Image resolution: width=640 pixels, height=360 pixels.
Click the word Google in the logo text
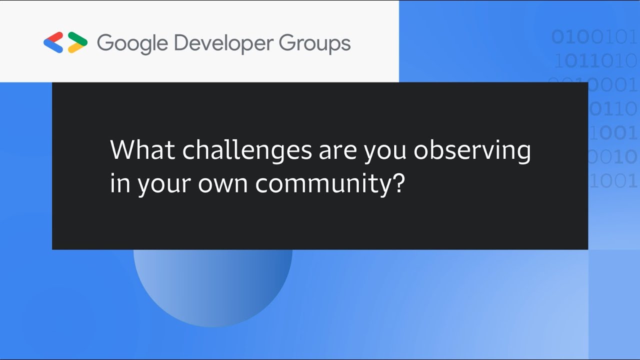(x=132, y=43)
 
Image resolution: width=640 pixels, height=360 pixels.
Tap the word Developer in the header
(x=223, y=43)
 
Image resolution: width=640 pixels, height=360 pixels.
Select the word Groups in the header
(x=314, y=43)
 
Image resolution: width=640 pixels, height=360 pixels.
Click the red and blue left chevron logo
(x=53, y=42)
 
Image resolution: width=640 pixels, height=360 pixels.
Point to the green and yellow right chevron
(x=77, y=42)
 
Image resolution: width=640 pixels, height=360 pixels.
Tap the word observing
(x=472, y=150)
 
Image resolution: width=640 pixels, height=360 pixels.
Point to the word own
(x=223, y=184)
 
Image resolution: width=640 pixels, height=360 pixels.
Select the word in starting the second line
(x=120, y=183)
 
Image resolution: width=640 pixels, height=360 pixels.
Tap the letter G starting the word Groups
(x=286, y=43)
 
